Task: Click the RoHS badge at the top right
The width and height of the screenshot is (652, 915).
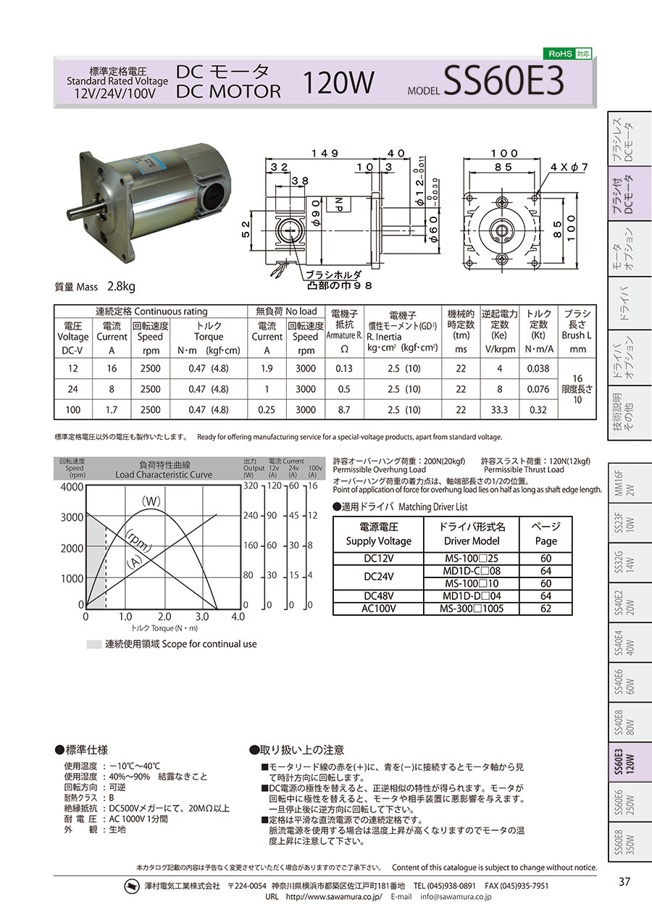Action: coord(567,54)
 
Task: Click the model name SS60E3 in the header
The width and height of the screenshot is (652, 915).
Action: coord(503,80)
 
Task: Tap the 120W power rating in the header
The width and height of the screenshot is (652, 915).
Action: coord(338,83)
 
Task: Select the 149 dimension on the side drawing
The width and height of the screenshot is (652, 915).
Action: coord(325,153)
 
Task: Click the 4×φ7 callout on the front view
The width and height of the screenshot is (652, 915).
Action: coord(568,167)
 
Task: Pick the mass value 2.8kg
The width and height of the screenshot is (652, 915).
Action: coord(121,287)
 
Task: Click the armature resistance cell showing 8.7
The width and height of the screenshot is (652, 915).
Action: coord(344,410)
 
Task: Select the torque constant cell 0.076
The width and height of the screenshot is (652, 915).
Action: coord(538,389)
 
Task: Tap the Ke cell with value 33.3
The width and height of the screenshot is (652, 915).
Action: coord(499,410)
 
